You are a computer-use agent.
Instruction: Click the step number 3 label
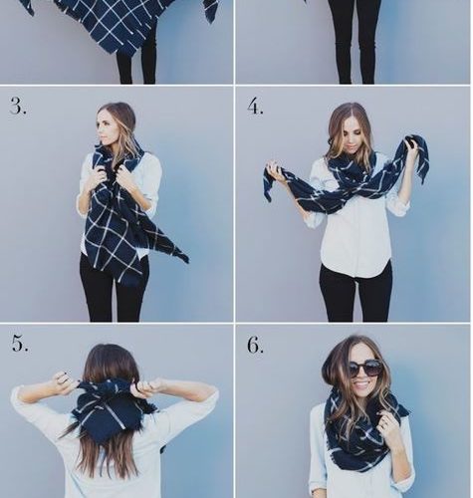point(18,107)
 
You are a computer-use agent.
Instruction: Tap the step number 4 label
point(255,107)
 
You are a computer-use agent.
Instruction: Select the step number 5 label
point(20,343)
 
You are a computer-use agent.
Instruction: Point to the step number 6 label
point(255,346)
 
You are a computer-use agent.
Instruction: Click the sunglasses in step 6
point(364,368)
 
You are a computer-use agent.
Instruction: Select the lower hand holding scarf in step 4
point(277,175)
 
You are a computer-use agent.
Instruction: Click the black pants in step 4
point(355,296)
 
